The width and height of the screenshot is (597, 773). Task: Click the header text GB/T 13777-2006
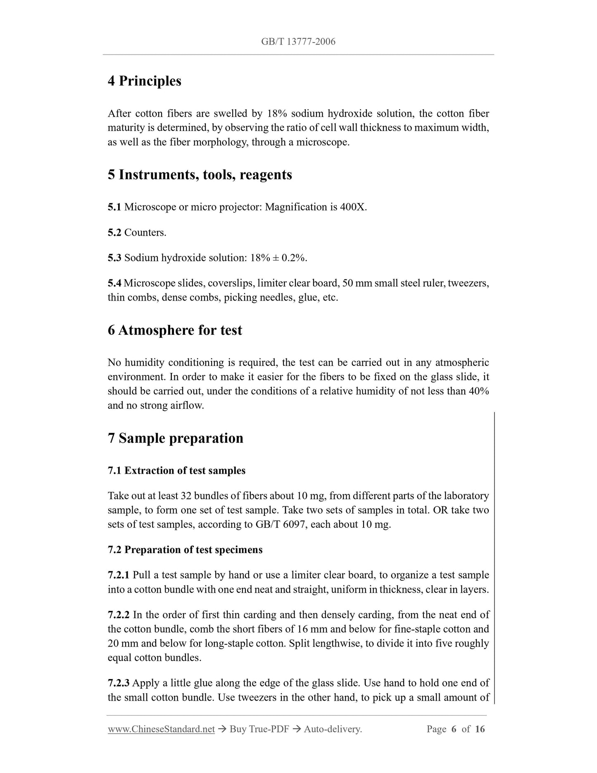tap(298, 41)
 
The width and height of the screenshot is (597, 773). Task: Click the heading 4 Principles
tap(144, 81)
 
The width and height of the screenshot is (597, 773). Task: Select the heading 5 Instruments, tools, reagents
tap(200, 175)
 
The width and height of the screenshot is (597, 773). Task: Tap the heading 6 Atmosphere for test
tap(175, 330)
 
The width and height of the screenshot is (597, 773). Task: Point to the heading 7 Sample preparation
tap(175, 438)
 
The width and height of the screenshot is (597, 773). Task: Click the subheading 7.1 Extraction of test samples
tap(176, 470)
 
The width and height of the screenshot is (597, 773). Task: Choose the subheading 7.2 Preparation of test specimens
tap(185, 550)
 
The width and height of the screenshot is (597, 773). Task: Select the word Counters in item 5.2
tap(145, 233)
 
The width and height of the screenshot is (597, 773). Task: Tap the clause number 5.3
tap(114, 258)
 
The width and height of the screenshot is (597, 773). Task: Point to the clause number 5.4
tap(114, 284)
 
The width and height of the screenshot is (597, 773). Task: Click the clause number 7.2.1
tap(119, 575)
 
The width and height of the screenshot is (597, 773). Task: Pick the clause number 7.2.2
tap(119, 615)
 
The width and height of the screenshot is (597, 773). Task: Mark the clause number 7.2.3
tap(119, 683)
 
